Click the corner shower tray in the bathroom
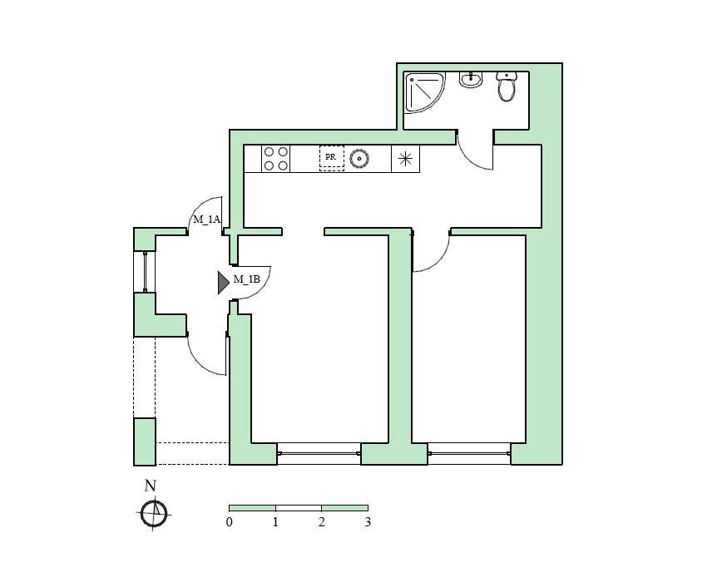[x=424, y=92]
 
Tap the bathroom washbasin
[x=471, y=80]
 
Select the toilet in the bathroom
[x=507, y=86]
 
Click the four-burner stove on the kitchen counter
[x=276, y=159]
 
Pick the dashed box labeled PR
[x=332, y=158]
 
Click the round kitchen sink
[x=359, y=159]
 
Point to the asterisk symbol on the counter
[x=405, y=159]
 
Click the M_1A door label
[x=207, y=220]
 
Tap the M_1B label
[x=246, y=279]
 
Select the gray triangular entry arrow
[x=223, y=283]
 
